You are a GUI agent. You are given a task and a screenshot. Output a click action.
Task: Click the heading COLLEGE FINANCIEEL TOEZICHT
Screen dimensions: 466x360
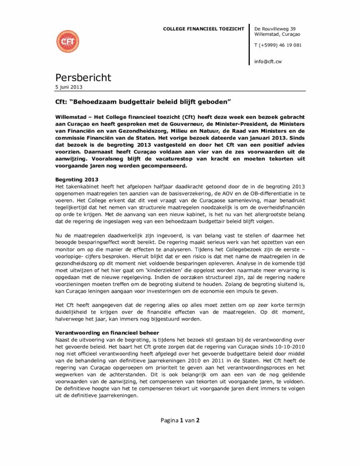point(203,29)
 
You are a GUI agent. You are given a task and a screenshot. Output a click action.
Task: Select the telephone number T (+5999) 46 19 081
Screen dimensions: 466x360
point(278,45)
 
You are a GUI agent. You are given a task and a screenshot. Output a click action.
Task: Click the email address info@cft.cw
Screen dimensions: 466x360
point(267,61)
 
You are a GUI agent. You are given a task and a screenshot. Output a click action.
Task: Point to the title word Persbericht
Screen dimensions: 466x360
point(83,77)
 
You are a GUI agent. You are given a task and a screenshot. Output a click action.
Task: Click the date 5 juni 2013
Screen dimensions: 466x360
point(69,86)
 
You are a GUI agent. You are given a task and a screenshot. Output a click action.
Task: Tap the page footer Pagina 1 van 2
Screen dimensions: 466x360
point(180,420)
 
